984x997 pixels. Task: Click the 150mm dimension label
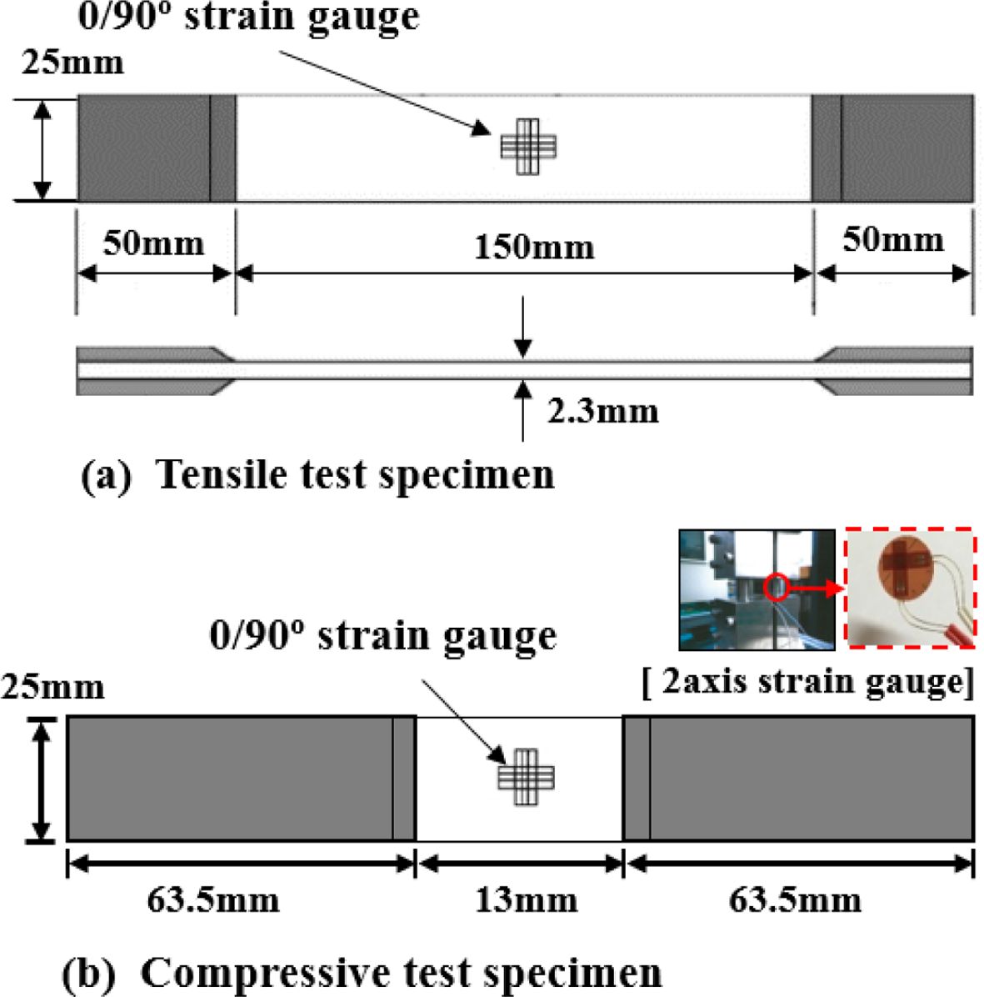click(534, 247)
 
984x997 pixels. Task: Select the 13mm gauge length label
click(527, 900)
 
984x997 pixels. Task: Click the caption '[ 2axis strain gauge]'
click(807, 683)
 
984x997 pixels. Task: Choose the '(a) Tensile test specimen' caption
click(317, 475)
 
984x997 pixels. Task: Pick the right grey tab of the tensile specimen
click(892, 148)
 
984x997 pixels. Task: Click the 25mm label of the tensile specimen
click(72, 63)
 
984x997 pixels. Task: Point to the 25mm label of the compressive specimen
click(52, 688)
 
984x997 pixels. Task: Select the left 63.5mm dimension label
click(213, 900)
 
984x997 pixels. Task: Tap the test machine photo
click(757, 589)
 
